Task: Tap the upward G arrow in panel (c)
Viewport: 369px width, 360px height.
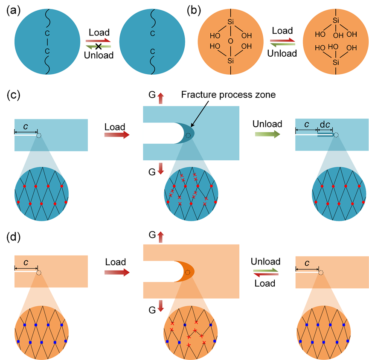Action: point(160,98)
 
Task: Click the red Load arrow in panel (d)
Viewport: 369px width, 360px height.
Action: point(116,272)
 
